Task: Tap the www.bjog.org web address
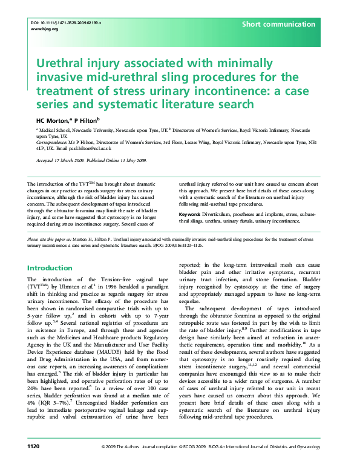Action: [44, 29]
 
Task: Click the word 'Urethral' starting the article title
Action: [62, 63]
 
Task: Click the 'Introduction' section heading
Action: [50, 268]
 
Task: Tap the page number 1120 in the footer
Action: [34, 463]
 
